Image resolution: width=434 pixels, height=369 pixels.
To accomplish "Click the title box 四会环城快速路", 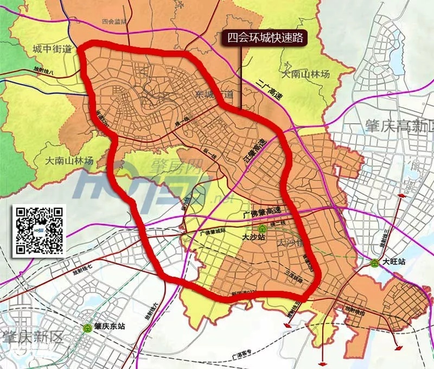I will (x=265, y=37).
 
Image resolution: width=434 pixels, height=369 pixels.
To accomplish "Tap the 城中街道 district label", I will (x=52, y=49).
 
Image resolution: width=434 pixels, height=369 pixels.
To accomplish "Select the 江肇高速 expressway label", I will (x=253, y=152).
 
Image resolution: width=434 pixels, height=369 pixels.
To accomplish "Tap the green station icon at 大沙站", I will (x=262, y=228).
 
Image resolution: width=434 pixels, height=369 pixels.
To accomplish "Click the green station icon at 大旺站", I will (x=374, y=263).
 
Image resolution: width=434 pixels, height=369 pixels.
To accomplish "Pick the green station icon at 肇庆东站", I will (x=87, y=328).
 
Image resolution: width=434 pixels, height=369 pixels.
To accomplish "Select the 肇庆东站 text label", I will (x=110, y=327).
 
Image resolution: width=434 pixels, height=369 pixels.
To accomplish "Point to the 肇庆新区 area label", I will (x=33, y=338).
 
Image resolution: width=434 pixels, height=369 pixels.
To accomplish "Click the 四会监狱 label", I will (x=113, y=22).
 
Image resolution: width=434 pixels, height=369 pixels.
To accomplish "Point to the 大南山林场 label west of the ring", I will (x=69, y=161).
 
